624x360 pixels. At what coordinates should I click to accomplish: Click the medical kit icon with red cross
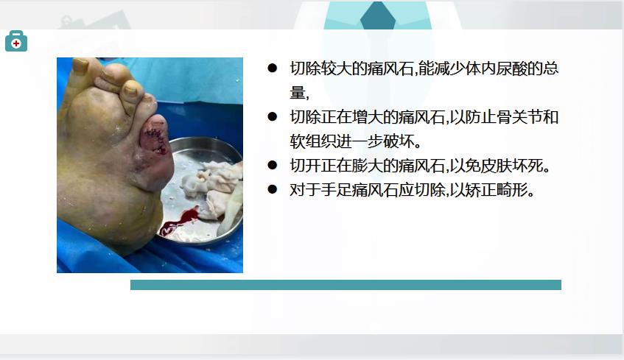coord(16,41)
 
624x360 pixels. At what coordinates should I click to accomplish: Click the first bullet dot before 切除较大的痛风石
coord(272,68)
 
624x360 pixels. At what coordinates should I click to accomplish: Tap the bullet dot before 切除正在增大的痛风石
coord(272,116)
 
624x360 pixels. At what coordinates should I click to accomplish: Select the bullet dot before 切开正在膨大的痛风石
coord(272,165)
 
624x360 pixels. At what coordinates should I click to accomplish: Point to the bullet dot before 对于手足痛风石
coord(272,189)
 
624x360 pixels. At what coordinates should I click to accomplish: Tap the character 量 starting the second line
coord(298,93)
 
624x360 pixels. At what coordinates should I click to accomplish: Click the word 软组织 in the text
coord(313,141)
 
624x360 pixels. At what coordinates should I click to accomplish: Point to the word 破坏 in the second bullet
coord(399,141)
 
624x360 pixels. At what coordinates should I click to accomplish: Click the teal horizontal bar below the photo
coord(346,285)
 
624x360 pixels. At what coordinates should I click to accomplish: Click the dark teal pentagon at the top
coord(378,16)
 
